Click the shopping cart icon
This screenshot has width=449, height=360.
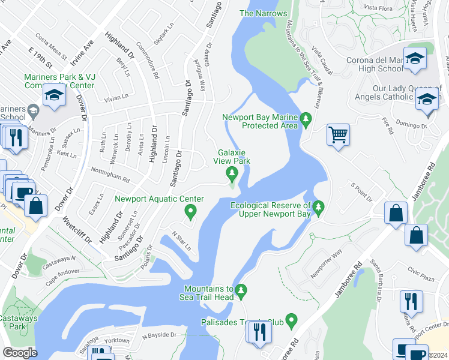click(339, 134)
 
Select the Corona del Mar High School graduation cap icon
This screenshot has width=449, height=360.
click(415, 58)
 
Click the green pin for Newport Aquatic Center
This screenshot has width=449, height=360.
click(190, 211)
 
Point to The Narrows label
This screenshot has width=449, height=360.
click(263, 13)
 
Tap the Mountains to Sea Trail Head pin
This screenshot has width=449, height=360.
click(241, 291)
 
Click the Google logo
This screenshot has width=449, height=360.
click(20, 352)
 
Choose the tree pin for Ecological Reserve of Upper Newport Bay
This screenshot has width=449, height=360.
click(319, 208)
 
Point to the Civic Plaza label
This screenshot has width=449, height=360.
click(420, 269)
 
